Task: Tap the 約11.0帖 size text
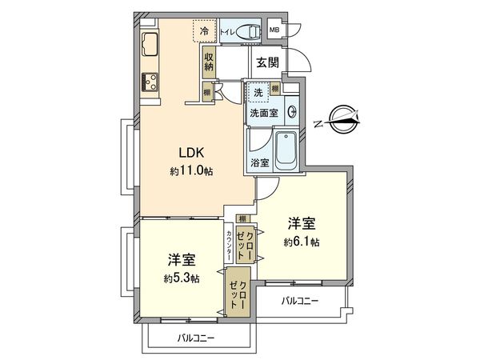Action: click(x=190, y=171)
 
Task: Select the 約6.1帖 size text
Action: click(x=302, y=242)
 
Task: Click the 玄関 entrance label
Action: click(x=267, y=62)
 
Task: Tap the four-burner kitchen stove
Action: click(x=150, y=81)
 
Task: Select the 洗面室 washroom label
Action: click(x=263, y=114)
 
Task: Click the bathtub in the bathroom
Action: click(x=285, y=150)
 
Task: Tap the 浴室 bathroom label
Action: click(x=259, y=162)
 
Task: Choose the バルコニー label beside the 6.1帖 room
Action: click(x=300, y=301)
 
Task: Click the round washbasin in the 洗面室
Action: click(x=292, y=112)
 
